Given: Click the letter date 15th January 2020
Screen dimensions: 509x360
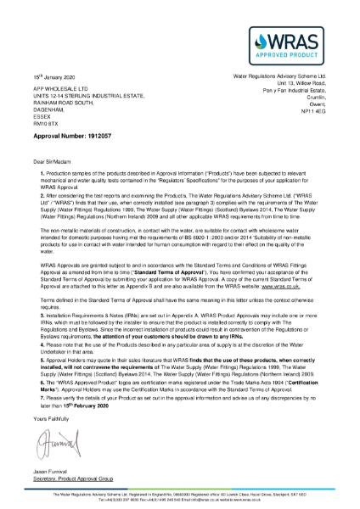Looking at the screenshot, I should tap(58, 76).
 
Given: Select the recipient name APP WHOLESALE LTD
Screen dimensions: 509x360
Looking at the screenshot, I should tap(61, 89).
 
